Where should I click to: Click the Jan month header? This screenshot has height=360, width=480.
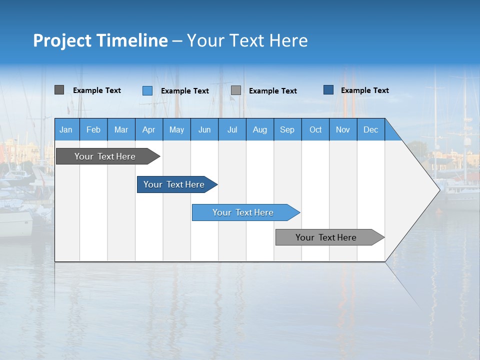(66, 129)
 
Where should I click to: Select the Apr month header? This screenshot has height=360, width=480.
(149, 129)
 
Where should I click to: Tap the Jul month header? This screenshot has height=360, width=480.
(232, 129)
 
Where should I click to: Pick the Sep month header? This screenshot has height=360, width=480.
(287, 129)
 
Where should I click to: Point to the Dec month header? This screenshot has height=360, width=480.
(370, 129)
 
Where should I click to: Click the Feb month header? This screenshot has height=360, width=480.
(93, 129)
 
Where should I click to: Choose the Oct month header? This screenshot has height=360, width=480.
(315, 129)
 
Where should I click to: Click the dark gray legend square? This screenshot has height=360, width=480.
(59, 90)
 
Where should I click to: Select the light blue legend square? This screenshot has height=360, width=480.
(147, 90)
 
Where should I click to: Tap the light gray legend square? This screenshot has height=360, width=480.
(236, 90)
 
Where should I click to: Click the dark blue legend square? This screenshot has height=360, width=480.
(328, 90)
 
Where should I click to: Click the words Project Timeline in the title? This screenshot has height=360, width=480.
(100, 40)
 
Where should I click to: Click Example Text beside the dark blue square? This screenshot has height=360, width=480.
(364, 90)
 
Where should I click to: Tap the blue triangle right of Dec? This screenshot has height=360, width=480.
(391, 133)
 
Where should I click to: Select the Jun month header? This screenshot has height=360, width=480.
(204, 129)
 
